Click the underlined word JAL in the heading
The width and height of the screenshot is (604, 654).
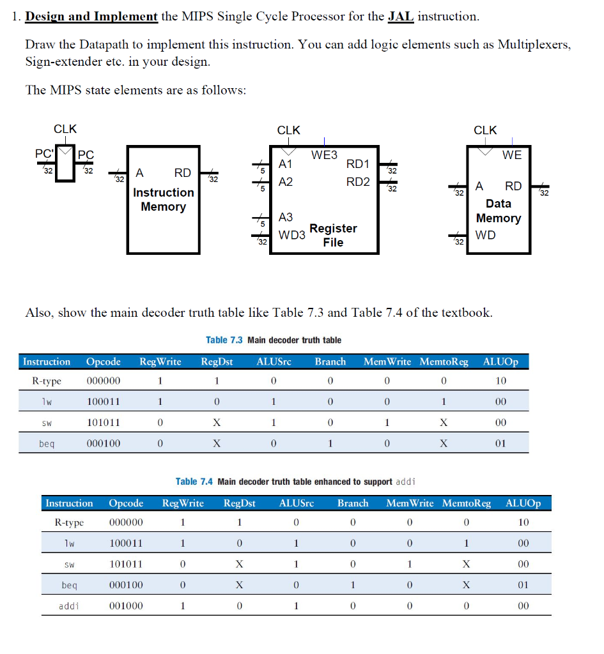pyautogui.click(x=401, y=16)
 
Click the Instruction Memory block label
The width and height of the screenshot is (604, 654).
pyautogui.click(x=163, y=199)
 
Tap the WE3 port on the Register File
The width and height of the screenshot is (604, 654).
pyautogui.click(x=324, y=155)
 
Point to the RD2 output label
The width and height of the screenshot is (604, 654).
pyautogui.click(x=357, y=181)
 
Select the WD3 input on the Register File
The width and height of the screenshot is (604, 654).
pyautogui.click(x=291, y=235)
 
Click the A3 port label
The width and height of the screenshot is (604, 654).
pyautogui.click(x=286, y=218)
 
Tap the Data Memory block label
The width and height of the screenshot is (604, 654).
pyautogui.click(x=499, y=211)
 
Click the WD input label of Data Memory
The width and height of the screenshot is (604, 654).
pyautogui.click(x=486, y=235)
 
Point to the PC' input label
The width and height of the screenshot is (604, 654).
pyautogui.click(x=44, y=154)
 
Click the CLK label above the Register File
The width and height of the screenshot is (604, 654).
pyautogui.click(x=288, y=130)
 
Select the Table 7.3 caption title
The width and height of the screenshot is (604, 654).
pyautogui.click(x=274, y=340)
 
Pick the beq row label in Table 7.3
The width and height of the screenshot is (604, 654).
pyautogui.click(x=46, y=443)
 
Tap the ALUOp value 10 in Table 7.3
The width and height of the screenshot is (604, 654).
pyautogui.click(x=500, y=381)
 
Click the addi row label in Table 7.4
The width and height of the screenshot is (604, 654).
pyautogui.click(x=68, y=605)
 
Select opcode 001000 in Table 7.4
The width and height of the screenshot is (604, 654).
pyautogui.click(x=126, y=605)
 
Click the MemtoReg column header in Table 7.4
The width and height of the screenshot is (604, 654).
pyautogui.click(x=466, y=503)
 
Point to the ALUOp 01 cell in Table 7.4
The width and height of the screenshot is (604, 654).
pyautogui.click(x=523, y=584)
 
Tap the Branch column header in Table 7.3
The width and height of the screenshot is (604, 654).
pyautogui.click(x=330, y=361)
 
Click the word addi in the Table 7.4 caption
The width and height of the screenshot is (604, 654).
pyautogui.click(x=407, y=482)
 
